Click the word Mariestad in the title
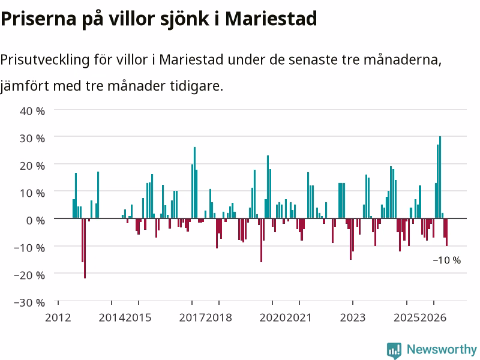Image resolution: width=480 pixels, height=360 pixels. pos(271,19)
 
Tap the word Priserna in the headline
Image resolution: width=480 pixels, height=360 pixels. pos(38,19)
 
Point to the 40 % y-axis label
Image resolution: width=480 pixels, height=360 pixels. pos(32,111)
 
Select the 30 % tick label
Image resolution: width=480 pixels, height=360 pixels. pos(32,139)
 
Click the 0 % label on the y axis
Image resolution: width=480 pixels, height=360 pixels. pos(35,220)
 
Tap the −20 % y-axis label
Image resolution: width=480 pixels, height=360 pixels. pos(29,275)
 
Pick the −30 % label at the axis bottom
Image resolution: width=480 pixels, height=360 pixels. pos(29,302)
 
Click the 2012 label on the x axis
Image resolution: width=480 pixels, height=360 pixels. pos(58,318)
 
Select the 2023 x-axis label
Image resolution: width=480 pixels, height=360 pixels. pos(353,318)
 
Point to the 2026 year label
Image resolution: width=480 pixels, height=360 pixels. pos(433,318)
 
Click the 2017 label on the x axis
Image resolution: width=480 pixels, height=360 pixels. pos(192,318)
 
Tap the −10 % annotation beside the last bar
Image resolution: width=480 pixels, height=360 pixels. pos(447,260)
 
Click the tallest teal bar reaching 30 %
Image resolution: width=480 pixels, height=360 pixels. pos(440,177)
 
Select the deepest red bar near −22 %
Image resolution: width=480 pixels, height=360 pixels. pos(85,248)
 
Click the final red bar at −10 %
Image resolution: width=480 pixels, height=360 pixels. pos(446,232)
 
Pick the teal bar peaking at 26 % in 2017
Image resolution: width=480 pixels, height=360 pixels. pos(194,183)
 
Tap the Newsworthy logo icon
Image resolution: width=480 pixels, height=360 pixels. pos(394,350)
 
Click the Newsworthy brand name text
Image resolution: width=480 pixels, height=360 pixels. pos(442,349)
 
